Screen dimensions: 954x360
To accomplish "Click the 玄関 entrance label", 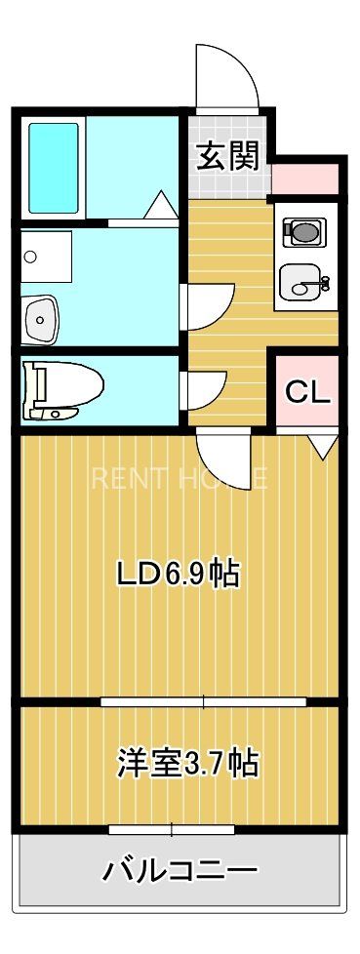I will [228, 157].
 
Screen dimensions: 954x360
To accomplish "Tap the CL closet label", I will [307, 392].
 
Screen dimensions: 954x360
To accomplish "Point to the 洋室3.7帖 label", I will [188, 762].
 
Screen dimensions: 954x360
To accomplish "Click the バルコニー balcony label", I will [180, 869].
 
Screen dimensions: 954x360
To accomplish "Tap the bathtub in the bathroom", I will [53, 168].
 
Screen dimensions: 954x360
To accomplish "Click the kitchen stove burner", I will [302, 232].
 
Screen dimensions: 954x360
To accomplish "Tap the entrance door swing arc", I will [227, 76].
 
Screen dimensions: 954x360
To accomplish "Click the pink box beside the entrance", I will [305, 179].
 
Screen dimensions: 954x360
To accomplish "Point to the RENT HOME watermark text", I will [180, 478].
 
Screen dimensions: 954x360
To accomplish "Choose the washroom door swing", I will [207, 305].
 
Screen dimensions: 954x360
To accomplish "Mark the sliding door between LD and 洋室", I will [203, 700].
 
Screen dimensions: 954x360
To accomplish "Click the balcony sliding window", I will [172, 830].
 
